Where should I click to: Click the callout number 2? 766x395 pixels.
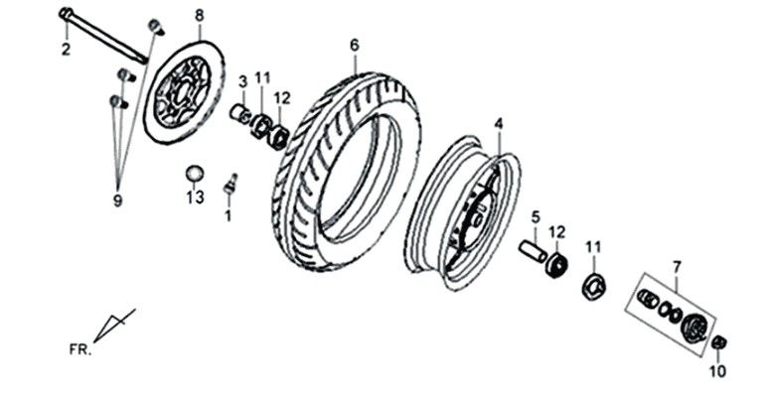tap(66, 50)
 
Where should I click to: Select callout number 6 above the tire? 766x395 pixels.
tap(354, 45)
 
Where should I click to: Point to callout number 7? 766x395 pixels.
tap(677, 266)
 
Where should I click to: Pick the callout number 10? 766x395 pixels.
tap(717, 371)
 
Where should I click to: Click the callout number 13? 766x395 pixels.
tap(195, 197)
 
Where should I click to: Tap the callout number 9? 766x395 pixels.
tap(117, 200)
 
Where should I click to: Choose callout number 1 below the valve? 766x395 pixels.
tap(228, 214)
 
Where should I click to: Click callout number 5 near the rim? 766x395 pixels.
tap(535, 216)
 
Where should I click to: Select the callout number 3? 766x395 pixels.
tap(242, 80)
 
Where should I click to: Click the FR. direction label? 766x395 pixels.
tap(80, 349)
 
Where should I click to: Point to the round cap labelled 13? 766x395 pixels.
tap(194, 174)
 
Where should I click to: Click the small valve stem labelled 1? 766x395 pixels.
tap(230, 183)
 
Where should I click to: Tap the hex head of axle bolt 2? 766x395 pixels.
tap(66, 14)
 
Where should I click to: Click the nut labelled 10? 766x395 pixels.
tap(720, 342)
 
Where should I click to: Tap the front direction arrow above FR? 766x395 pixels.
tap(115, 324)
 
